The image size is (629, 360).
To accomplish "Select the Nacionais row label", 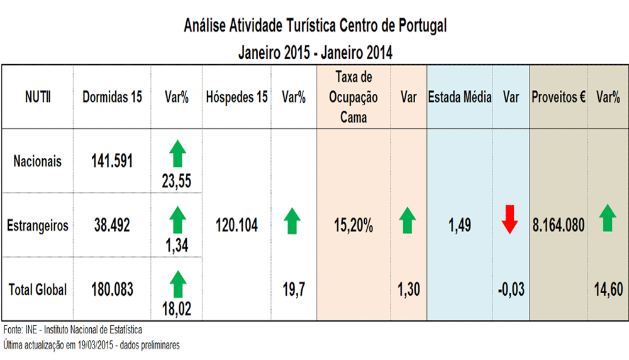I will (38, 161).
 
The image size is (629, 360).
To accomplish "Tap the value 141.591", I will (112, 161).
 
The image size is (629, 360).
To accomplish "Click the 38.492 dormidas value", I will (112, 225).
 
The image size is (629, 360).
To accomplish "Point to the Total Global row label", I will (38, 290).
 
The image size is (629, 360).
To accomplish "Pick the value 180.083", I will (112, 290).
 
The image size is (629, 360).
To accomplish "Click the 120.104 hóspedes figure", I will (237, 225).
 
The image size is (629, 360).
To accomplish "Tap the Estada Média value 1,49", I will (460, 225).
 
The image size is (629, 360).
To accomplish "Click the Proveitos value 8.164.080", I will (559, 225).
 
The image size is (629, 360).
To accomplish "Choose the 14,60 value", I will (608, 290).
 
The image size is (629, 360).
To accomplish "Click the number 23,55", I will (176, 182).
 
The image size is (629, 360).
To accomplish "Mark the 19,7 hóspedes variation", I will (293, 290).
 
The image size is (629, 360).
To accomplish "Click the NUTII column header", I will (38, 98).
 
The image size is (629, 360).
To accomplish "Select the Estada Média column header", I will (460, 98).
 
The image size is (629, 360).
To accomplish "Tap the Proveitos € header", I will (559, 98).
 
